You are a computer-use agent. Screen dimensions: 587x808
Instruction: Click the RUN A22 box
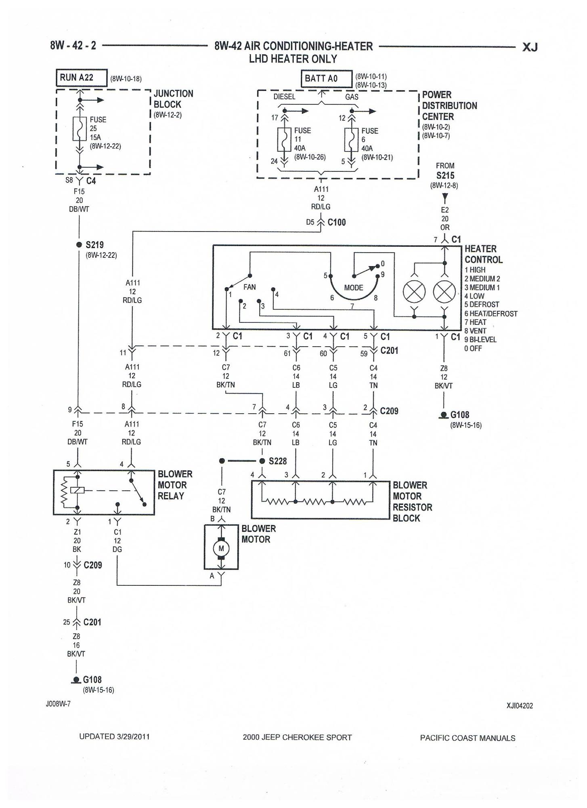click(81, 78)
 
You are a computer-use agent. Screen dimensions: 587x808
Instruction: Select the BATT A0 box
click(326, 78)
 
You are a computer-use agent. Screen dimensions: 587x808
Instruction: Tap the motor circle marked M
click(221, 548)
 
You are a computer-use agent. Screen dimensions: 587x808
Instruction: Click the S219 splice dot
click(79, 245)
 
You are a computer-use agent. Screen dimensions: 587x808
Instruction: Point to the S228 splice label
click(277, 461)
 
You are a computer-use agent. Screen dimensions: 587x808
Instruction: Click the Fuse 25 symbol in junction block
click(80, 129)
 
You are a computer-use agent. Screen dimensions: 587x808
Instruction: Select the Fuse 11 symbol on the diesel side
click(284, 140)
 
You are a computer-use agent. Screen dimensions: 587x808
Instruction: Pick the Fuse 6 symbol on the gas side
click(351, 140)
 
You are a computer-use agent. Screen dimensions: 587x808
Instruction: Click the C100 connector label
click(337, 222)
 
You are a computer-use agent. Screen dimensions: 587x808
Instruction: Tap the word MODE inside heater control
click(354, 288)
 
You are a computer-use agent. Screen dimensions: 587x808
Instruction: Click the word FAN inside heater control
click(249, 287)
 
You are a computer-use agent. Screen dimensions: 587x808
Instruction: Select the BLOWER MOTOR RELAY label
click(175, 485)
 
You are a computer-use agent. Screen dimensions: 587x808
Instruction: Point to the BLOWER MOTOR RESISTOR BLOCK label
click(413, 501)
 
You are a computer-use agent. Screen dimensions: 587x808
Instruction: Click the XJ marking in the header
click(530, 47)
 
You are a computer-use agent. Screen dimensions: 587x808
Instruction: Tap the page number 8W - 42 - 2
click(73, 45)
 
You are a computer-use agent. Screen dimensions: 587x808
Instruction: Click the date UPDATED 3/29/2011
click(114, 736)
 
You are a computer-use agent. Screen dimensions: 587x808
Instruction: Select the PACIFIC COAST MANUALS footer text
click(468, 738)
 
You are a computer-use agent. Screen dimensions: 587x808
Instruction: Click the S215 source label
click(445, 175)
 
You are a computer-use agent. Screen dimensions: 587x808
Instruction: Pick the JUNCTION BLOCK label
click(173, 99)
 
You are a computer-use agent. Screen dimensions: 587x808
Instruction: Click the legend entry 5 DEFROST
click(482, 305)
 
